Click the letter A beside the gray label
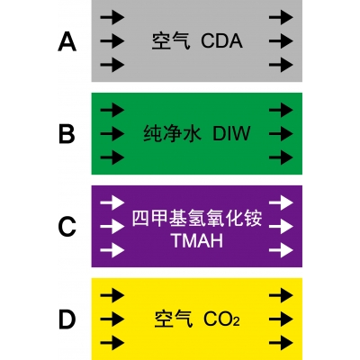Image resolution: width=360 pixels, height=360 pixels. pos(67,42)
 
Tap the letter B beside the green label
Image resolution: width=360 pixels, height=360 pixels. pos(67,134)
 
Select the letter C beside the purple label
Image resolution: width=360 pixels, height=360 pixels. pos(67,227)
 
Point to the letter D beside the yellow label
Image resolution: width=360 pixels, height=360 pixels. pos(67,319)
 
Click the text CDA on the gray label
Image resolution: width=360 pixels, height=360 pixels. pos(221,41)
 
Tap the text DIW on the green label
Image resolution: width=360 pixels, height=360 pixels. pos(231,134)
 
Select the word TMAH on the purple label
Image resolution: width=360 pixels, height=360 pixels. pos(197,240)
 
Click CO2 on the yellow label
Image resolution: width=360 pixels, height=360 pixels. pos(221,319)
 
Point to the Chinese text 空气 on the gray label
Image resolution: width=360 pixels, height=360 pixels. pos(171,41)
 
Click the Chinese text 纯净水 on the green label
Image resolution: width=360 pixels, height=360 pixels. pos(173,134)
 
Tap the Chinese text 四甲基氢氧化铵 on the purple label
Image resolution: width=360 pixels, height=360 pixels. pos(197,219)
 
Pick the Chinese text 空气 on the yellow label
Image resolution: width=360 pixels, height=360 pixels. pos(174,319)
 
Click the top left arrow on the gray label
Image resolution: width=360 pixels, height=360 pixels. pos(112,17)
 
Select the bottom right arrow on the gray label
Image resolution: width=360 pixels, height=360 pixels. pos(281,65)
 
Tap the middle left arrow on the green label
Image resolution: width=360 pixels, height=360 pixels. pos(112,133)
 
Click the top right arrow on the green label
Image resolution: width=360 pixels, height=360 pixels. pos(281,110)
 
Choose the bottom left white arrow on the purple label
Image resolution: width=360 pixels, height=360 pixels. pos(112,250)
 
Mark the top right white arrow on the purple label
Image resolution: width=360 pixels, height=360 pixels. pos(281,202)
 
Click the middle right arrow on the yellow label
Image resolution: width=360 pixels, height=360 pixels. pos(281,319)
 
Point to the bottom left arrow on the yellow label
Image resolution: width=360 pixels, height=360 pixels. pos(112,342)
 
